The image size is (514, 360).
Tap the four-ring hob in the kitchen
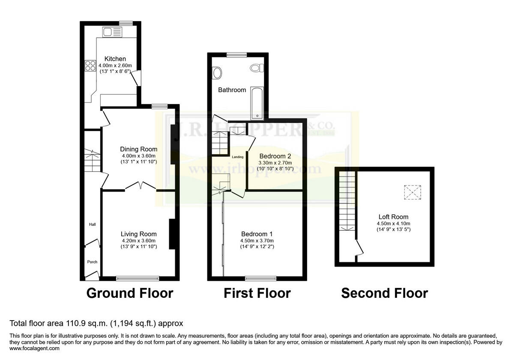[90, 66]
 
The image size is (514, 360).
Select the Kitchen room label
[115, 59]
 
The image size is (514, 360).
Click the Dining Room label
[138, 149]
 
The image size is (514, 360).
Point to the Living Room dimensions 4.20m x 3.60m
[138, 240]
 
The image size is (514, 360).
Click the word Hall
[93, 224]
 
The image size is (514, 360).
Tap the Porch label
[92, 262]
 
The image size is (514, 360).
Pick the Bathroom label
[232, 90]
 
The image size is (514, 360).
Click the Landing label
[238, 157]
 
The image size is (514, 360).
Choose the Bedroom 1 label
[257, 234]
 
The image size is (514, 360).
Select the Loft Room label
[393, 217]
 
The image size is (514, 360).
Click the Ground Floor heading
[130, 293]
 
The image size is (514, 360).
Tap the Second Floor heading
[384, 293]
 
